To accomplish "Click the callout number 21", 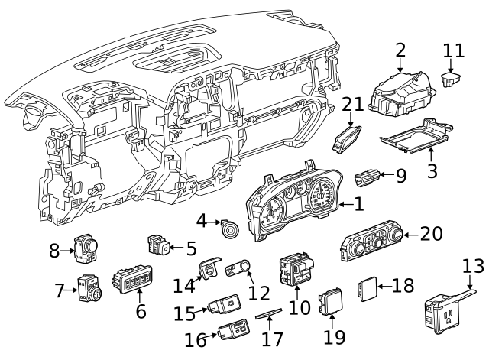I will pos(354,105).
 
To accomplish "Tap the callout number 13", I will pos(473,266).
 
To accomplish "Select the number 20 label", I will pos(432,234).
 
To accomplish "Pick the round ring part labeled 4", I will pos(228,228).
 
